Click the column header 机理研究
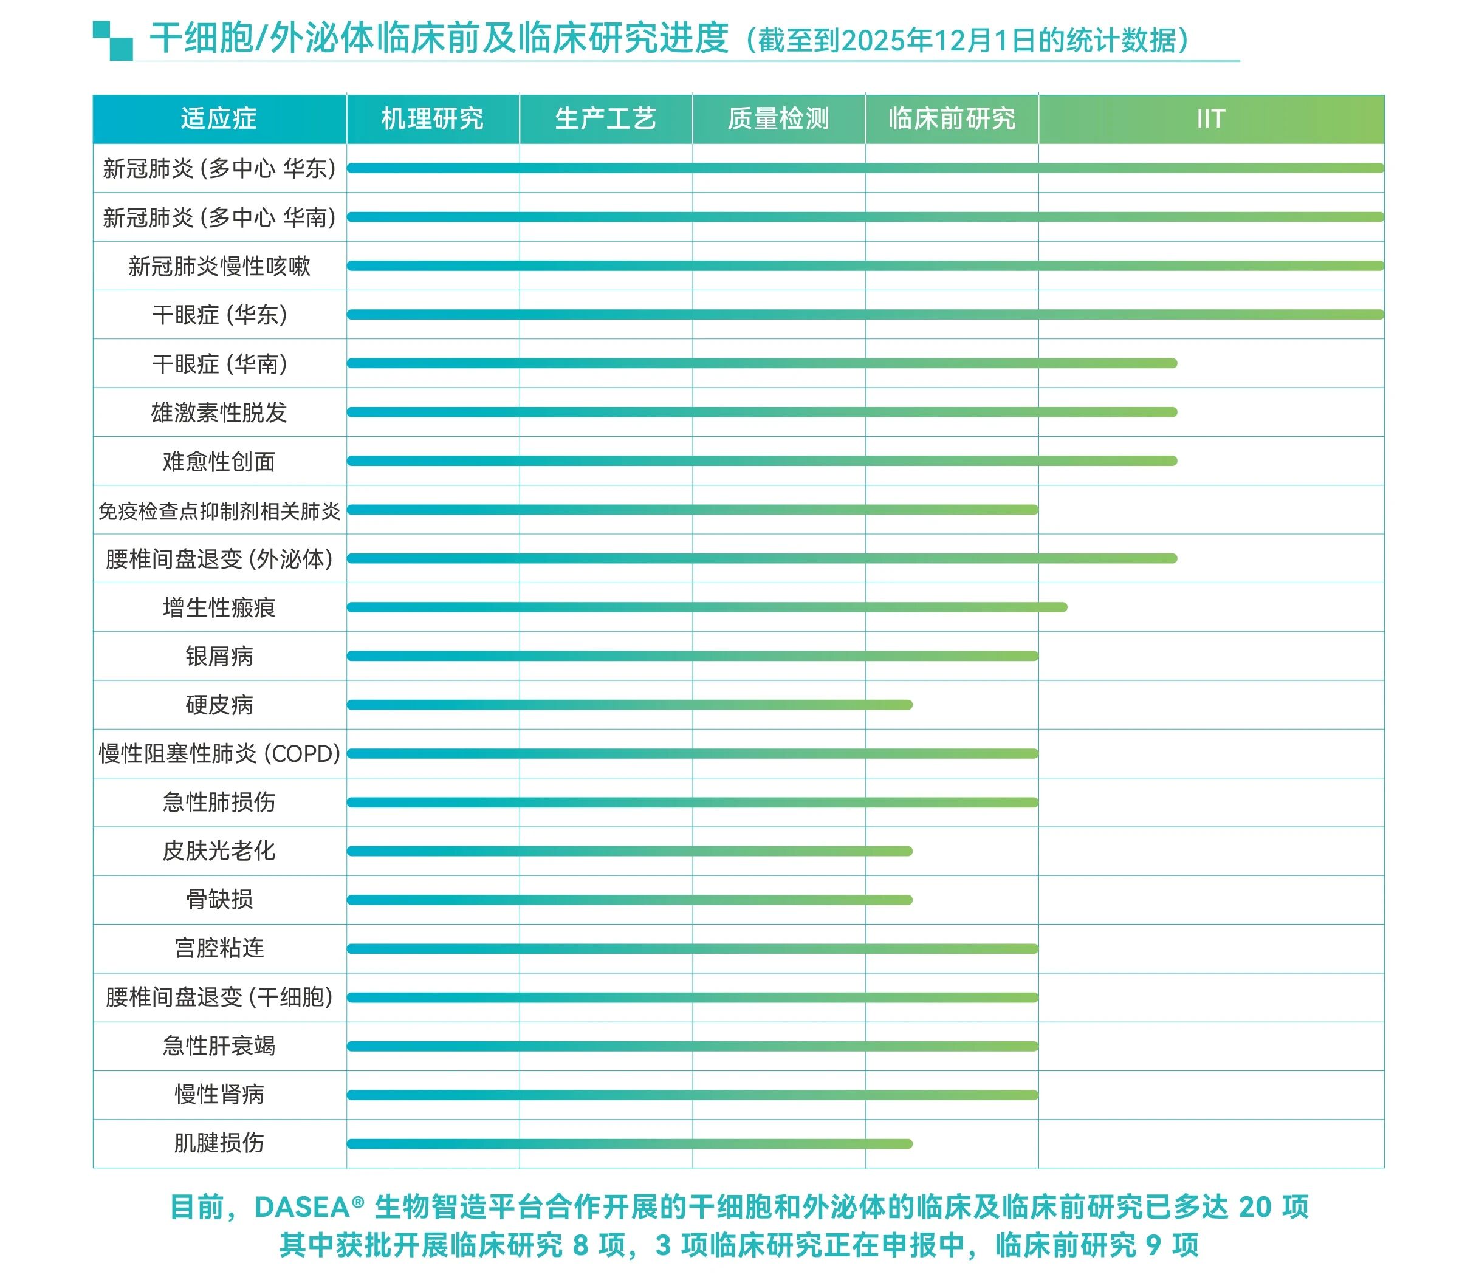pyautogui.click(x=432, y=118)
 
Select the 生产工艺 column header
pyautogui.click(x=605, y=118)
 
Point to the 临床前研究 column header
pyautogui.click(x=952, y=118)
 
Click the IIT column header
pyautogui.click(x=1211, y=118)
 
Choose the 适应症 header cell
pyautogui.click(x=219, y=118)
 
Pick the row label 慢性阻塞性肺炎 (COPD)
pyautogui.click(x=219, y=753)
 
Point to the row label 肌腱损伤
pyautogui.click(x=219, y=1143)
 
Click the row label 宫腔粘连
pyautogui.click(x=219, y=948)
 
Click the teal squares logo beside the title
pyautogui.click(x=113, y=40)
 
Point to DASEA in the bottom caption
pyautogui.click(x=302, y=1207)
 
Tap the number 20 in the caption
pyautogui.click(x=1255, y=1207)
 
